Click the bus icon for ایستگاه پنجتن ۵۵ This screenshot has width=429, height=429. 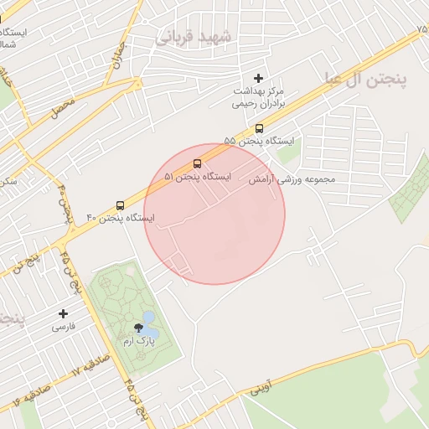click(259, 129)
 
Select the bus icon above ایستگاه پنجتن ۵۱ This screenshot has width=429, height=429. click(197, 163)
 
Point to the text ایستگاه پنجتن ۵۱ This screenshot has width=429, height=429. click(197, 177)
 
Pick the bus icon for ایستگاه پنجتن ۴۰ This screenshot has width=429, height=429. click(120, 205)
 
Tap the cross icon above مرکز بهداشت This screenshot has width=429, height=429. click(258, 78)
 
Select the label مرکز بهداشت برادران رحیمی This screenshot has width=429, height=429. click(259, 97)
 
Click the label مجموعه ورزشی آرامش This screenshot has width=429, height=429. click(291, 179)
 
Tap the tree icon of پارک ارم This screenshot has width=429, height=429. click(138, 328)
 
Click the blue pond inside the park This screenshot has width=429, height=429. click(148, 319)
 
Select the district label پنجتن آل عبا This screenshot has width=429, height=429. click(365, 79)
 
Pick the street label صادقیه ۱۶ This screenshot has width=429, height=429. click(28, 395)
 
